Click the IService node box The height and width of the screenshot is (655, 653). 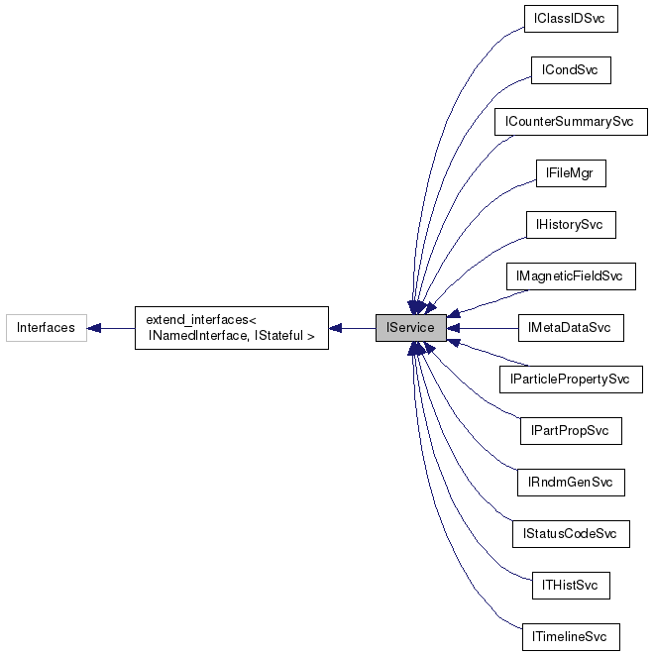(410, 328)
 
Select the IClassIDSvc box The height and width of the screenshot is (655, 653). (570, 19)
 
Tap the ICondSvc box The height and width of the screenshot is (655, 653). (570, 70)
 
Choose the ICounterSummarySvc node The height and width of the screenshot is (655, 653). (570, 122)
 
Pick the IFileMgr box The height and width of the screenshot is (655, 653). (570, 173)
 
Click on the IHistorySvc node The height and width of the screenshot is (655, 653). (570, 225)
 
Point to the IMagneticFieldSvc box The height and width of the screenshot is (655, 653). (570, 275)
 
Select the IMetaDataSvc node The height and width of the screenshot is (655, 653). (570, 328)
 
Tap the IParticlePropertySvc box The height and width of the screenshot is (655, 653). (570, 380)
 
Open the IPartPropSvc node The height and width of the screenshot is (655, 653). (570, 431)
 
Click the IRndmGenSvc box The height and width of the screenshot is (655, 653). (570, 483)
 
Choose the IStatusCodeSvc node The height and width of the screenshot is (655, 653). (570, 534)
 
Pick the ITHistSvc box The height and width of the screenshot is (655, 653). (570, 586)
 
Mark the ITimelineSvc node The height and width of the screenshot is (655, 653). (570, 637)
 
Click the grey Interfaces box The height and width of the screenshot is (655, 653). (46, 328)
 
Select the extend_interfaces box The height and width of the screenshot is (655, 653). (231, 328)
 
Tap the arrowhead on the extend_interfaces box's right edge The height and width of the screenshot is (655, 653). (337, 328)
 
